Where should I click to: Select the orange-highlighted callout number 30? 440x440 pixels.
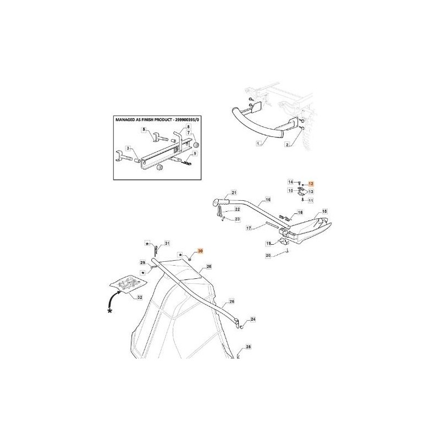pyautogui.click(x=200, y=250)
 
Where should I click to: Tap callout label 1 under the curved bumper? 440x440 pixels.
pyautogui.click(x=258, y=143)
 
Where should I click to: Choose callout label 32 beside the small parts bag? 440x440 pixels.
pyautogui.click(x=140, y=297)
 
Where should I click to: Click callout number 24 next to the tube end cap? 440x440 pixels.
pyautogui.click(x=253, y=319)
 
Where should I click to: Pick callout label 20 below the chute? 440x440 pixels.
pyautogui.click(x=268, y=256)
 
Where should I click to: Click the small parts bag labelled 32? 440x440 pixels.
pyautogui.click(x=128, y=284)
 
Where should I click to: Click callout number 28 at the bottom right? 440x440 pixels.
pyautogui.click(x=248, y=347)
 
